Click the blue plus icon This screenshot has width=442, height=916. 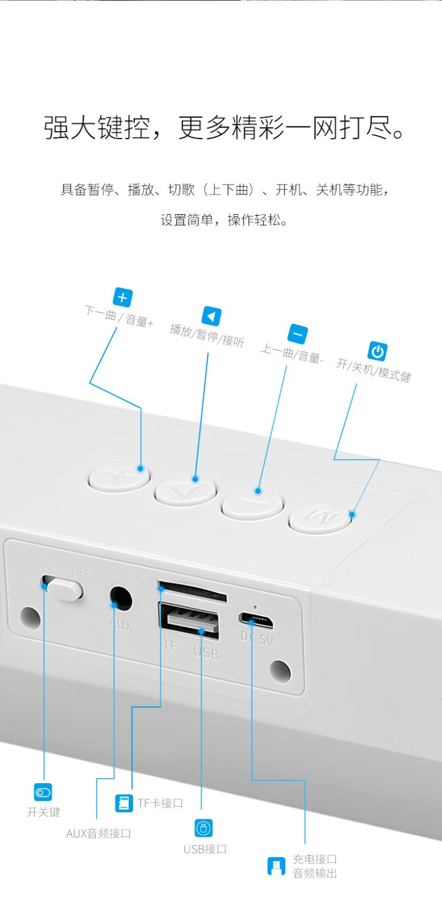tap(122, 297)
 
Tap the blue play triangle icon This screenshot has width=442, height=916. tap(212, 317)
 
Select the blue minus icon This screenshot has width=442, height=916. tap(298, 334)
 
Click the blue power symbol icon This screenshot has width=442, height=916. tap(377, 352)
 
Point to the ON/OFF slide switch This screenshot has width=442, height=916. tap(62, 588)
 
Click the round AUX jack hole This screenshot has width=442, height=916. tap(121, 599)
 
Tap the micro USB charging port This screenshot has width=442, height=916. tap(256, 621)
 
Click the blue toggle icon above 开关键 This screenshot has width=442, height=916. tap(43, 792)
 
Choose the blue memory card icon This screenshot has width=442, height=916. tap(124, 803)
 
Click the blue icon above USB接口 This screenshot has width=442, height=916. tap(204, 828)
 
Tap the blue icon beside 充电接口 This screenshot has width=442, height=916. tap(276, 866)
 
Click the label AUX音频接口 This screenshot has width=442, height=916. tap(98, 834)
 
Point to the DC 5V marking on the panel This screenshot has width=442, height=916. tap(257, 638)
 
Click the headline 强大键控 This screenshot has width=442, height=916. tap(97, 128)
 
